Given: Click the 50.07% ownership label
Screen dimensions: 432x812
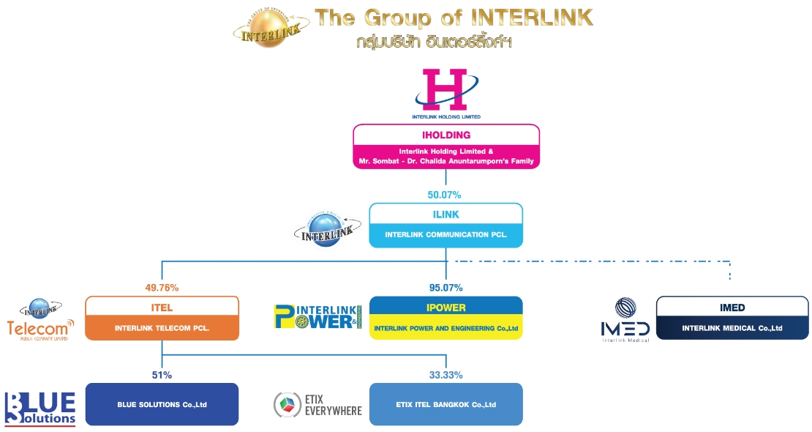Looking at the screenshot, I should (445, 195).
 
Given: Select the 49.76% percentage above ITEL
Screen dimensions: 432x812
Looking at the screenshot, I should (162, 288).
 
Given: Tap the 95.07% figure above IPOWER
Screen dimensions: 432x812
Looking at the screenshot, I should (446, 288).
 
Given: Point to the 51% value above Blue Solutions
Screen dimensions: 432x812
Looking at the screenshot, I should (162, 375).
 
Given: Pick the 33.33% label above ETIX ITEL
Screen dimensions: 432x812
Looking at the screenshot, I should (446, 375).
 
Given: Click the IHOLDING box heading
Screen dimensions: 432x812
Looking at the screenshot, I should (446, 135).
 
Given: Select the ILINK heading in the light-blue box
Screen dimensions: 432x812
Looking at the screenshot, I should (446, 214).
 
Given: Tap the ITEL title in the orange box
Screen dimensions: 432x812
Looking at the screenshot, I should (162, 308).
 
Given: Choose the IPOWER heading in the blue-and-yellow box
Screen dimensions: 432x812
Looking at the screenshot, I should (446, 308).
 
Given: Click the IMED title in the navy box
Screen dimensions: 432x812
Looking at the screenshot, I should (732, 308).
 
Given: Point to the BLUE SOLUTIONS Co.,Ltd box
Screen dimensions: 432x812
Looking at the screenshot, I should (162, 404).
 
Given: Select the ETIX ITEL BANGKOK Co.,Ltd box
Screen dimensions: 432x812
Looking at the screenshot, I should (446, 404).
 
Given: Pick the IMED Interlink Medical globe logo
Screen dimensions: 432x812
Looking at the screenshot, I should (625, 320).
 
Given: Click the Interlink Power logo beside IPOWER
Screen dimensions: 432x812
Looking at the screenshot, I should (317, 317).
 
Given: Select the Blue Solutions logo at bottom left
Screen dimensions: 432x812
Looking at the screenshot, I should (40, 408).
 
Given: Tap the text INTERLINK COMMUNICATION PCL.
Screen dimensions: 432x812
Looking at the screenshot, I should (446, 235).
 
